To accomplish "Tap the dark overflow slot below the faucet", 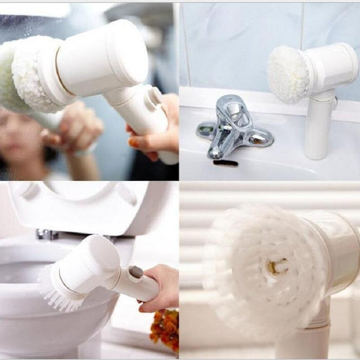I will click(225, 163).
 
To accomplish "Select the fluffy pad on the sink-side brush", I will click(289, 74).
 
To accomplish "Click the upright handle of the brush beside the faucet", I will click(319, 128).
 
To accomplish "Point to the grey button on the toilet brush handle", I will click(135, 272).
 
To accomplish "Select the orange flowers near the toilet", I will click(165, 330).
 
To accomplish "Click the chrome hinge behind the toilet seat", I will click(46, 234).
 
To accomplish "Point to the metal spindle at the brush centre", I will click(275, 266).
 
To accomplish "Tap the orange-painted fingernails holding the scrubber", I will click(134, 143).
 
